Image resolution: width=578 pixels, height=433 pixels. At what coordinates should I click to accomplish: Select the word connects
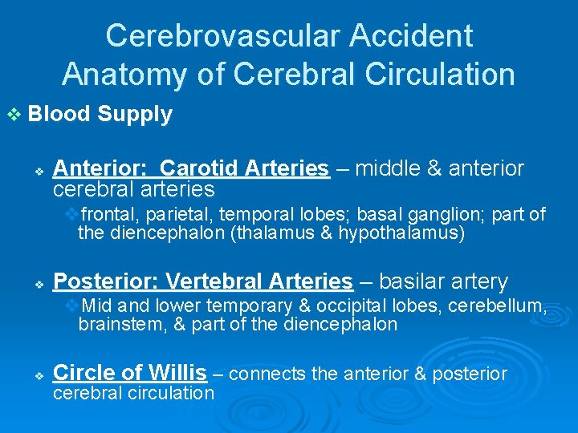(262, 374)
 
